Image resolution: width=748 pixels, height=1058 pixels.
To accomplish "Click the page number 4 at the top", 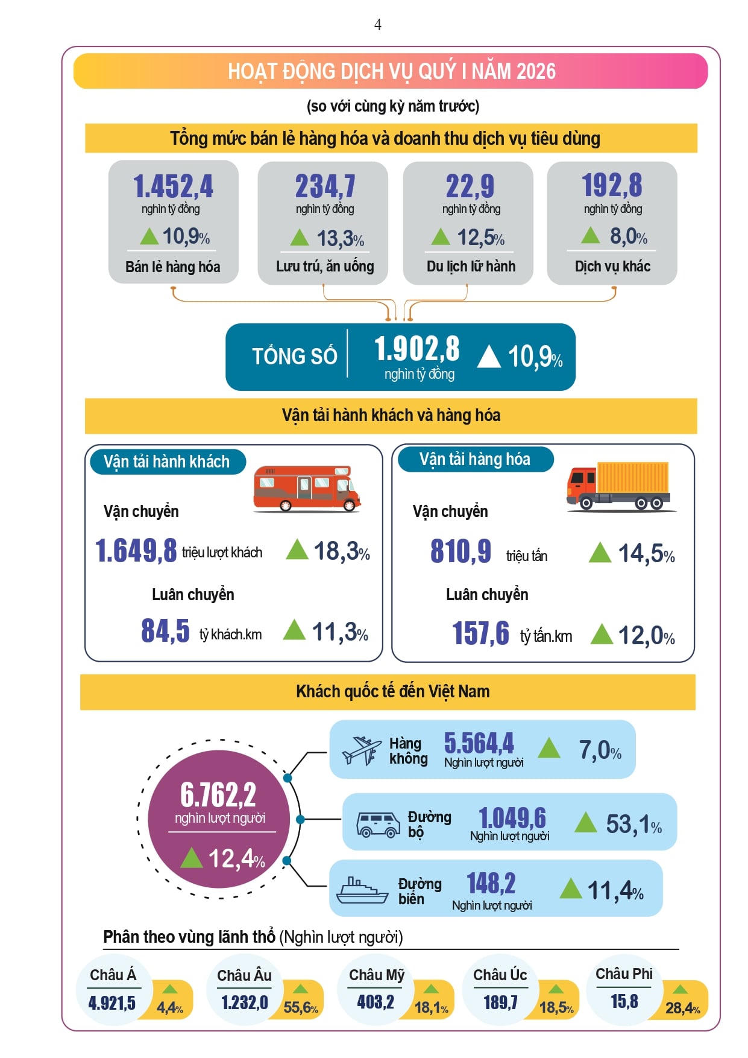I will pos(377,25).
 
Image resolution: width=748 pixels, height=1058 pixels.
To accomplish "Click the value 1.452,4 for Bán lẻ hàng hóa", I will pos(173,186).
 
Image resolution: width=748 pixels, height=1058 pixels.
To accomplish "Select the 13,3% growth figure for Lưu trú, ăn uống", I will pos(340,239).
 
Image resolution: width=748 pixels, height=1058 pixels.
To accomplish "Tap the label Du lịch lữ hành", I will pos(471,266).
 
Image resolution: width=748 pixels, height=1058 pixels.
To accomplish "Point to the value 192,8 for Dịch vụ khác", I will pos(612,185).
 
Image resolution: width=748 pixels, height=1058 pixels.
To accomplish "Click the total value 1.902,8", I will pos(416,349).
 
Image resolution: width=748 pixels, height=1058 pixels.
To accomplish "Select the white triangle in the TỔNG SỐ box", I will pos(489,356).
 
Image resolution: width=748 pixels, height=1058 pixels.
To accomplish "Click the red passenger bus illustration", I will pos(306,488).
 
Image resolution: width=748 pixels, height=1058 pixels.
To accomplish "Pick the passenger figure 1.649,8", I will pos(136,550).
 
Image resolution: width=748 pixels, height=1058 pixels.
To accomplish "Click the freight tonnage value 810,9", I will pos(460,551).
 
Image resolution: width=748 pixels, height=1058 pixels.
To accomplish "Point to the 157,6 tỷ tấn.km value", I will pos(480,633).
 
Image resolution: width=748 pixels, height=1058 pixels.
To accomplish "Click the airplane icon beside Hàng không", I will pos(362,750).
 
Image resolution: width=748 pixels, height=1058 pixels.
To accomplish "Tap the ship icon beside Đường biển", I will pos(362,890).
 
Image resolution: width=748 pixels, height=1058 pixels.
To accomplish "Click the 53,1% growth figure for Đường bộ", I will pos(633,824).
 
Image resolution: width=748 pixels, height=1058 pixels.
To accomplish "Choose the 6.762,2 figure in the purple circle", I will pos(218,794).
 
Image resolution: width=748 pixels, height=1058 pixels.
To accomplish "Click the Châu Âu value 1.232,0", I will pos(244,1002).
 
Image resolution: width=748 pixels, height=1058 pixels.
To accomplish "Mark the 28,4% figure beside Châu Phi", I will pos(682,1008).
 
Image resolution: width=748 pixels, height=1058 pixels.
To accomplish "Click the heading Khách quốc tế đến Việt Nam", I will pos(392,691).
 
